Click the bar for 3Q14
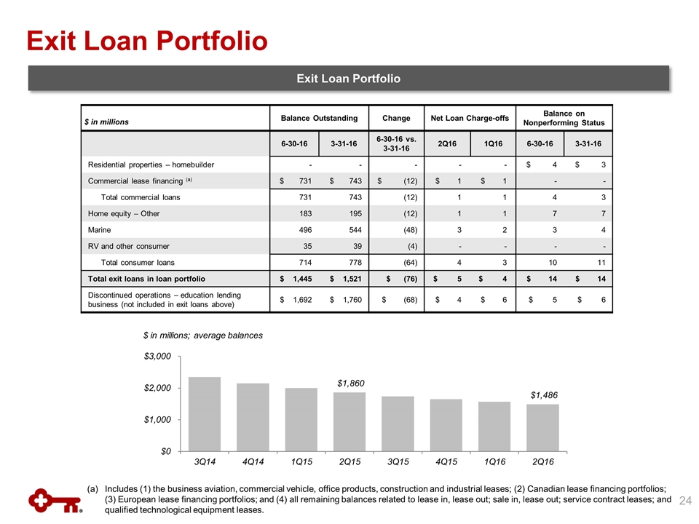(x=205, y=413)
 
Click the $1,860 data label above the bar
(x=349, y=382)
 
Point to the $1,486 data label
(x=544, y=394)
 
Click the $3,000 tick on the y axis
(x=157, y=357)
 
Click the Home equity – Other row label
(x=124, y=214)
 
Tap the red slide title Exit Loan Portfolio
(x=146, y=41)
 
